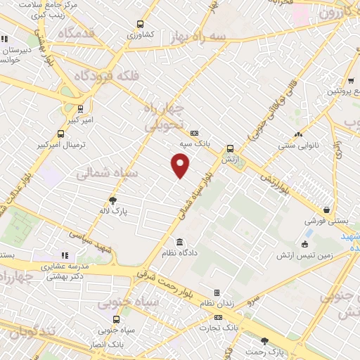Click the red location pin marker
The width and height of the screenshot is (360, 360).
click(x=181, y=166)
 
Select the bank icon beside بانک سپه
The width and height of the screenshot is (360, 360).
click(x=195, y=133)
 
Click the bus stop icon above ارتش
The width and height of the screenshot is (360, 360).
click(x=230, y=148)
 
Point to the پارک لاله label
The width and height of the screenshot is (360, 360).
click(x=112, y=210)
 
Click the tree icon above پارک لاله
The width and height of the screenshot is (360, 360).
click(x=112, y=200)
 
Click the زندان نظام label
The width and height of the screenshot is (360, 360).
click(x=216, y=302)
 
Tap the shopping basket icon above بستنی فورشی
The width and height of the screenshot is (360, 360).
click(x=327, y=210)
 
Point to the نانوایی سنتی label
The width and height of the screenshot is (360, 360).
click(x=298, y=146)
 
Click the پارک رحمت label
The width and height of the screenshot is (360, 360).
click(x=264, y=351)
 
